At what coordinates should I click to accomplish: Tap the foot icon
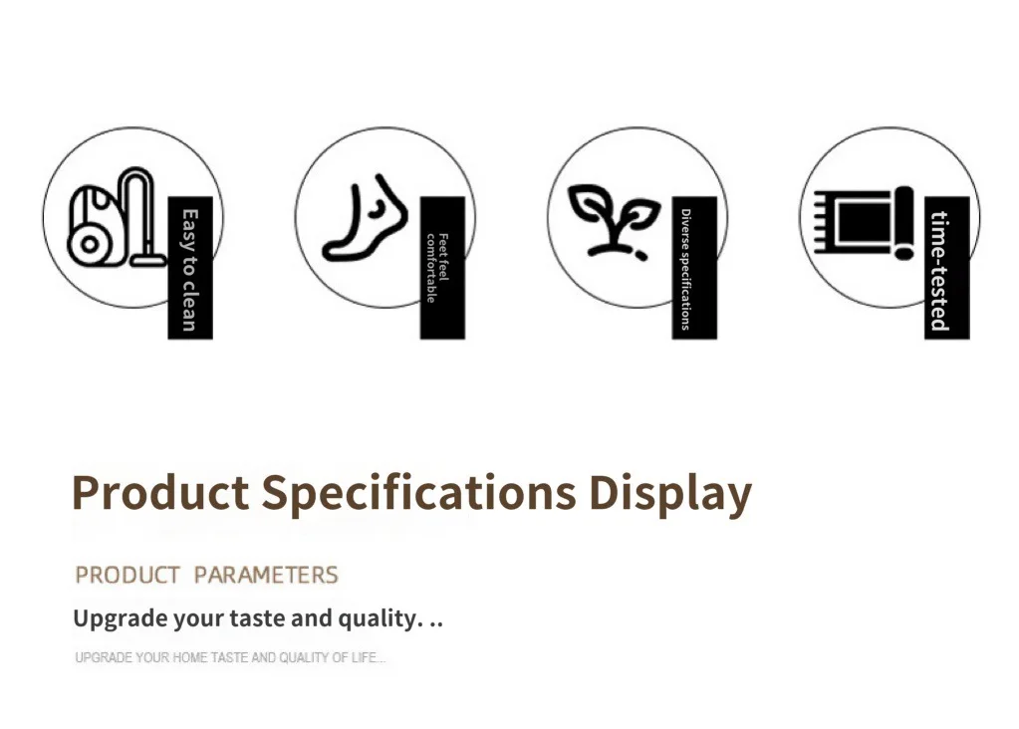pos(366,218)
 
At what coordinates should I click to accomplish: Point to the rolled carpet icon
pos(865,223)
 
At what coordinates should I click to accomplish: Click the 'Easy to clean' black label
pos(190,268)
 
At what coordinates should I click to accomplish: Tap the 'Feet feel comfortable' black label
pos(442,268)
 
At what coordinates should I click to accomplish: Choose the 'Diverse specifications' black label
pos(694,268)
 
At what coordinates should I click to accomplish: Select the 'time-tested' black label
pos(947,268)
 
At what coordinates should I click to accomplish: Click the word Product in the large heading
pos(160,492)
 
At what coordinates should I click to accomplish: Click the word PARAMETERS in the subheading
pos(266,575)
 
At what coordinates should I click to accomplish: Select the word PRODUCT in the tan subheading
pos(127,575)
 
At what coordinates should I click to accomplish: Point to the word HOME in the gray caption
pos(190,657)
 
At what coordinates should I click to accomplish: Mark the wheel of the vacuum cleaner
pos(90,245)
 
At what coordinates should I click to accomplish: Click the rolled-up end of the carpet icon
pos(904,223)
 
